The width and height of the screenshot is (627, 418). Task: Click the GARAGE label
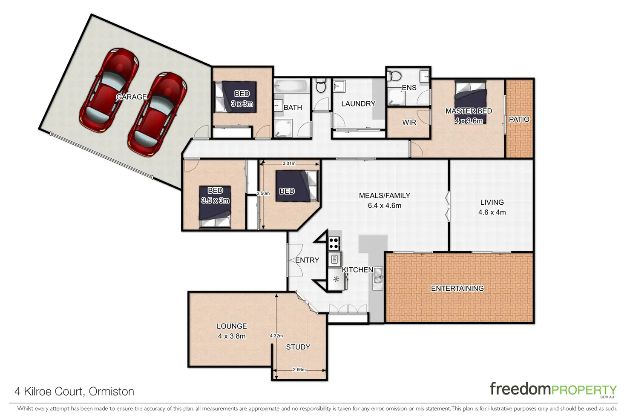tap(132, 97)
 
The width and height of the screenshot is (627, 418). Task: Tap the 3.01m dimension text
tap(289, 163)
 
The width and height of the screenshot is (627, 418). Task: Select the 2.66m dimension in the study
tap(299, 369)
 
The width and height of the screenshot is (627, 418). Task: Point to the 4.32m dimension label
tap(276, 336)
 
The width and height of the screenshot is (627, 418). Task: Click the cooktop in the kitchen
tap(334, 243)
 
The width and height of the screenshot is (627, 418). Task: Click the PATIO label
tap(519, 120)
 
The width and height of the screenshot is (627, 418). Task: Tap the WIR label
tap(409, 122)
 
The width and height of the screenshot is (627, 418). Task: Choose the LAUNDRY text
tap(358, 104)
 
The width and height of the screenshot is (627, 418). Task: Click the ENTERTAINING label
tap(457, 289)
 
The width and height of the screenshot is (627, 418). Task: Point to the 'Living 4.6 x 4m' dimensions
tap(492, 212)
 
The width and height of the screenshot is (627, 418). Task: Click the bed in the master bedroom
tap(470, 103)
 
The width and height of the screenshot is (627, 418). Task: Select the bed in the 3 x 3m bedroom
tap(236, 97)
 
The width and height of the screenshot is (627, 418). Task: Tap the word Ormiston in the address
tap(112, 392)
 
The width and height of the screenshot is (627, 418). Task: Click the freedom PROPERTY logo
tap(553, 389)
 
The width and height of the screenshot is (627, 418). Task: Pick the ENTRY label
tap(307, 260)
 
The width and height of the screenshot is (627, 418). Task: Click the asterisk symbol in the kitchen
tap(336, 279)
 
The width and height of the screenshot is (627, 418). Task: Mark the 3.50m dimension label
tap(263, 193)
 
